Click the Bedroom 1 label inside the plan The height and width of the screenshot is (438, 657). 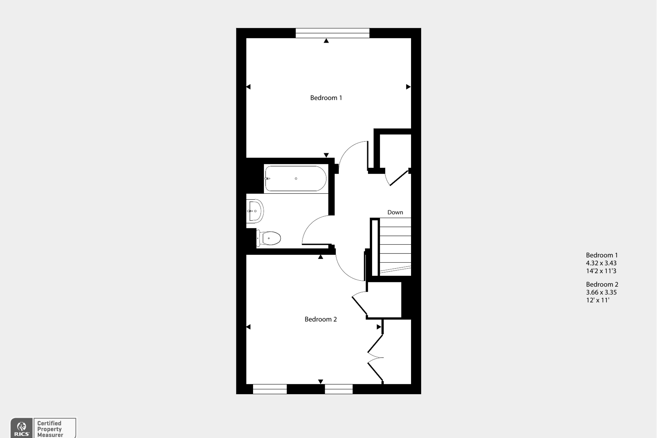pyautogui.click(x=326, y=98)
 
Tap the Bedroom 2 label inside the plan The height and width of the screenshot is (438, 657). pyautogui.click(x=320, y=319)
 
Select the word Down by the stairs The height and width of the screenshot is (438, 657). pyautogui.click(x=395, y=212)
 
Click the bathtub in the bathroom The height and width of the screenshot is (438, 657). pyautogui.click(x=296, y=178)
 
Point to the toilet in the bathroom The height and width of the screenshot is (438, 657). pyautogui.click(x=269, y=238)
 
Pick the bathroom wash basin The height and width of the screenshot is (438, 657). pyautogui.click(x=255, y=211)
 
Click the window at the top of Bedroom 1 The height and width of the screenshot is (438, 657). pyautogui.click(x=333, y=33)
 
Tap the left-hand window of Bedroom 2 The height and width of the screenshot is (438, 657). pyautogui.click(x=270, y=389)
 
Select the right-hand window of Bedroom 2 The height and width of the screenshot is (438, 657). pyautogui.click(x=339, y=389)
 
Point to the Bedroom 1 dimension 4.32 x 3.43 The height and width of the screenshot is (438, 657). pyautogui.click(x=601, y=263)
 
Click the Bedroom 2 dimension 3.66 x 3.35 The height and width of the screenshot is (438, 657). pyautogui.click(x=601, y=292)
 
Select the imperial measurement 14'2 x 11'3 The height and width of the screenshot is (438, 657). pyautogui.click(x=601, y=271)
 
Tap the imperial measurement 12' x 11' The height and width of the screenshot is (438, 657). pyautogui.click(x=597, y=300)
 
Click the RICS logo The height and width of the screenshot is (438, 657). pyautogui.click(x=22, y=428)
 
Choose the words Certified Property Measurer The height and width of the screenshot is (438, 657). pyautogui.click(x=50, y=429)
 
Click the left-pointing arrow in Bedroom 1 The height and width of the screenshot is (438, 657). pyautogui.click(x=248, y=87)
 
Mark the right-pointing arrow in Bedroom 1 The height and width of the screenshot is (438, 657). pyautogui.click(x=408, y=87)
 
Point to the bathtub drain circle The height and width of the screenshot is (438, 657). pyautogui.click(x=296, y=178)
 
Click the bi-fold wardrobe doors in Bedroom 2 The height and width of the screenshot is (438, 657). pyautogui.click(x=376, y=357)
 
